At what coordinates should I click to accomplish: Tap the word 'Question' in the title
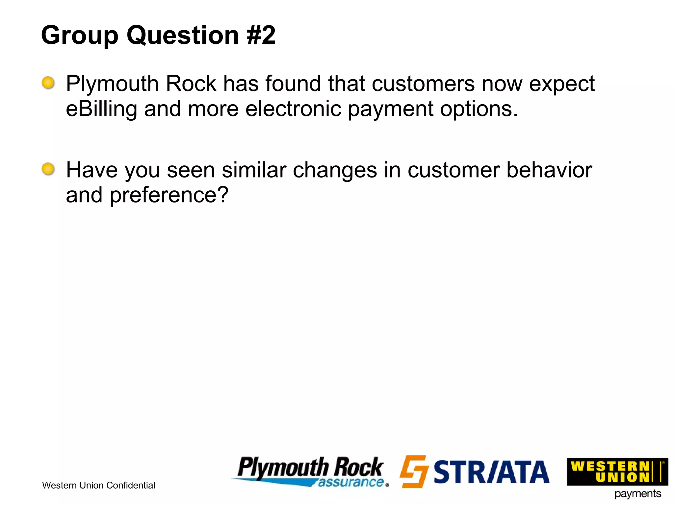(x=183, y=36)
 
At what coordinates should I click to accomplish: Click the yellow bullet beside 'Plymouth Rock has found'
(x=48, y=83)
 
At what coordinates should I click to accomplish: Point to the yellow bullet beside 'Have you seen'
(x=48, y=169)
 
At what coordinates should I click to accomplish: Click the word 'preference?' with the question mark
(x=169, y=196)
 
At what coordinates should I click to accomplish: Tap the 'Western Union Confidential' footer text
(x=98, y=485)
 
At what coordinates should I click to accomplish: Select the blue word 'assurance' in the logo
(x=351, y=482)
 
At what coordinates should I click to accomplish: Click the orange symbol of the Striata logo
(x=414, y=471)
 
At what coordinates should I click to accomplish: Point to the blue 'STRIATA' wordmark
(x=491, y=472)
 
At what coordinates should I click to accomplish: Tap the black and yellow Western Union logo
(x=617, y=471)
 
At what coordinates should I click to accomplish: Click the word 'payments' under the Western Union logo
(x=637, y=494)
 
